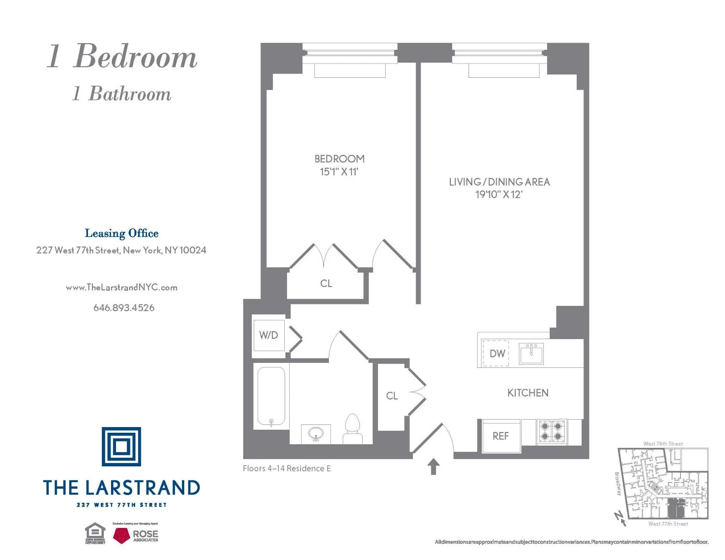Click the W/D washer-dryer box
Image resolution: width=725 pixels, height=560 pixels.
click(268, 335)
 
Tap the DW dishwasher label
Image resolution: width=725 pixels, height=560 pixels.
click(497, 353)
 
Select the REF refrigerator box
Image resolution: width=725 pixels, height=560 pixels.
click(501, 436)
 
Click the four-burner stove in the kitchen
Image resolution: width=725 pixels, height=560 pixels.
click(551, 432)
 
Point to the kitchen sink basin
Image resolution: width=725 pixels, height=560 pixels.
click(531, 354)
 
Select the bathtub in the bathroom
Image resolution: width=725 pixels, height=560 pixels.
click(271, 396)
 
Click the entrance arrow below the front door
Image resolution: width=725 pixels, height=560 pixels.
click(433, 466)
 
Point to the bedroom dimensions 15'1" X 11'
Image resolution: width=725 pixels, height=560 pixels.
click(339, 172)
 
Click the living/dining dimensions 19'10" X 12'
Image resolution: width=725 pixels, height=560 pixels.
click(498, 194)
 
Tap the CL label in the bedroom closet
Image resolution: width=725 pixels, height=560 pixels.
click(326, 284)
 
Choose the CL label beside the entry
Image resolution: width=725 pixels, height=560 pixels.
click(392, 396)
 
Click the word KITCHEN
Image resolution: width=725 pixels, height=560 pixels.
click(528, 393)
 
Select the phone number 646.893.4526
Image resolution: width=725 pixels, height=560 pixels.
click(124, 308)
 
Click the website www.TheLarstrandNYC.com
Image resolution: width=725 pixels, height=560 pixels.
click(121, 287)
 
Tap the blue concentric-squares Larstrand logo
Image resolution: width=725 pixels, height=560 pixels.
click(121, 447)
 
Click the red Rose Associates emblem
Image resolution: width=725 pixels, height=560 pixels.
click(122, 535)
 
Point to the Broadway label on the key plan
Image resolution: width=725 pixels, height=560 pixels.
click(618, 484)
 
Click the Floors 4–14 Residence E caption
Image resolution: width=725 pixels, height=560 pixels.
click(287, 469)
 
